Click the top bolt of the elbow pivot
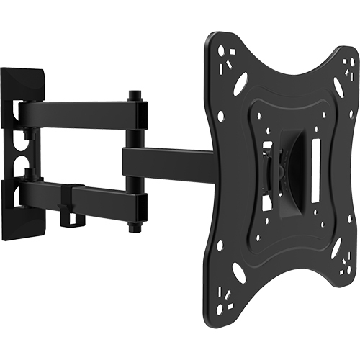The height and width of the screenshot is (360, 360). pyautogui.click(x=134, y=95)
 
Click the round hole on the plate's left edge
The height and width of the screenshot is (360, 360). pyautogui.click(x=221, y=115)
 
